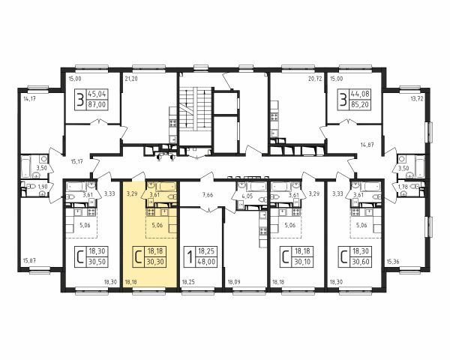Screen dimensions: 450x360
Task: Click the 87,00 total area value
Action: click(97, 105)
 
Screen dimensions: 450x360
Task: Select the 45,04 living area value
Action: click(97, 94)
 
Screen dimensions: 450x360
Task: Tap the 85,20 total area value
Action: click(361, 105)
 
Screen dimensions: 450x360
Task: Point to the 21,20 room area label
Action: click(131, 78)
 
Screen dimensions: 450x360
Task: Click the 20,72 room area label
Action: click(314, 78)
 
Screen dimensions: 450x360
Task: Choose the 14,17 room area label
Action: click(29, 99)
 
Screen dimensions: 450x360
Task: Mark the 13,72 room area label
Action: click(417, 99)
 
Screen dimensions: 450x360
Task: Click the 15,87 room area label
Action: click(29, 261)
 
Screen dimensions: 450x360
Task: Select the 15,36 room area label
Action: click(392, 262)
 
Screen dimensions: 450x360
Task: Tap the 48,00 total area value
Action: click(206, 262)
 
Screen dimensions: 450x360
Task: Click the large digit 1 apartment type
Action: click(190, 256)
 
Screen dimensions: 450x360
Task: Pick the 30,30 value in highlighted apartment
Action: click(155, 262)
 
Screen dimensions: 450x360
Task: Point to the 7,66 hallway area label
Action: click(208, 195)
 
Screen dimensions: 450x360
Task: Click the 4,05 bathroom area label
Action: click(248, 196)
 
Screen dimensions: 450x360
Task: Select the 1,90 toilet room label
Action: click(43, 186)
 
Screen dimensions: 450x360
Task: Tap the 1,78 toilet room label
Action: click(403, 187)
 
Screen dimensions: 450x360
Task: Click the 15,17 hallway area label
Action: click(76, 162)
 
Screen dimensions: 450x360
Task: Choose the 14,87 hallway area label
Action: click(367, 145)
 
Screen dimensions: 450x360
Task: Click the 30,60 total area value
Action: click(361, 262)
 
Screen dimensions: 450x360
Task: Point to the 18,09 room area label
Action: click(234, 282)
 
